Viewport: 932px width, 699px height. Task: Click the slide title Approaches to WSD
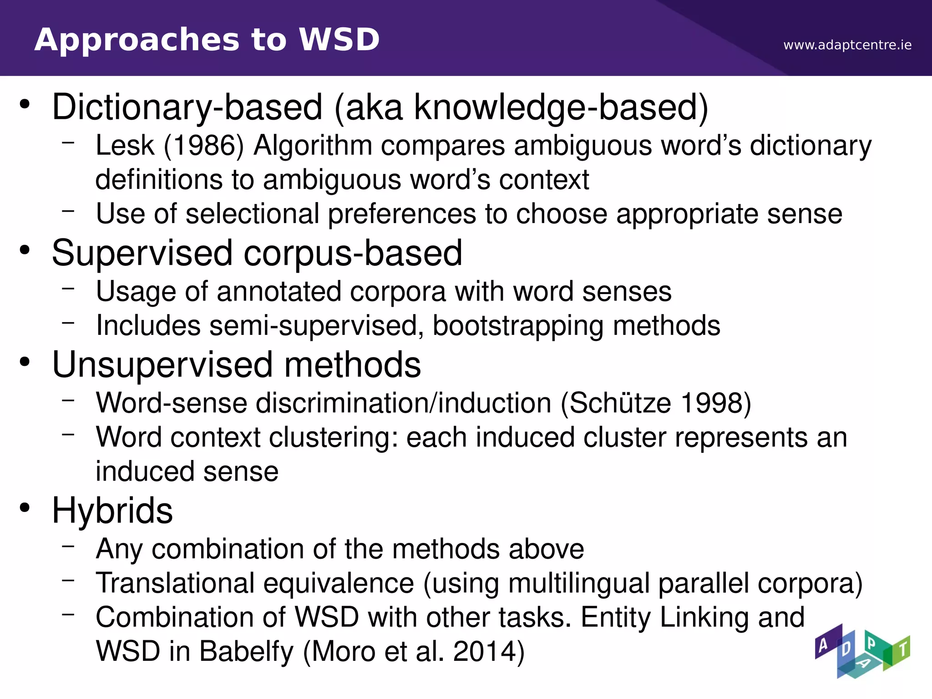(207, 40)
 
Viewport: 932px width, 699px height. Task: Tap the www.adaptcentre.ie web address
(847, 45)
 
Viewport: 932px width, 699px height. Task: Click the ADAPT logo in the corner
(862, 651)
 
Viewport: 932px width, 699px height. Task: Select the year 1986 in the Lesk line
(204, 146)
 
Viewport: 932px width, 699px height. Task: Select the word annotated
(279, 292)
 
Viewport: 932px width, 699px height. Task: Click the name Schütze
(620, 404)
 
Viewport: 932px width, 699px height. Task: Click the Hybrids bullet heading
(112, 511)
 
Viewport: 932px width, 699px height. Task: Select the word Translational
(175, 583)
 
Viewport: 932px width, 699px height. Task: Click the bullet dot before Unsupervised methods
(25, 363)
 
